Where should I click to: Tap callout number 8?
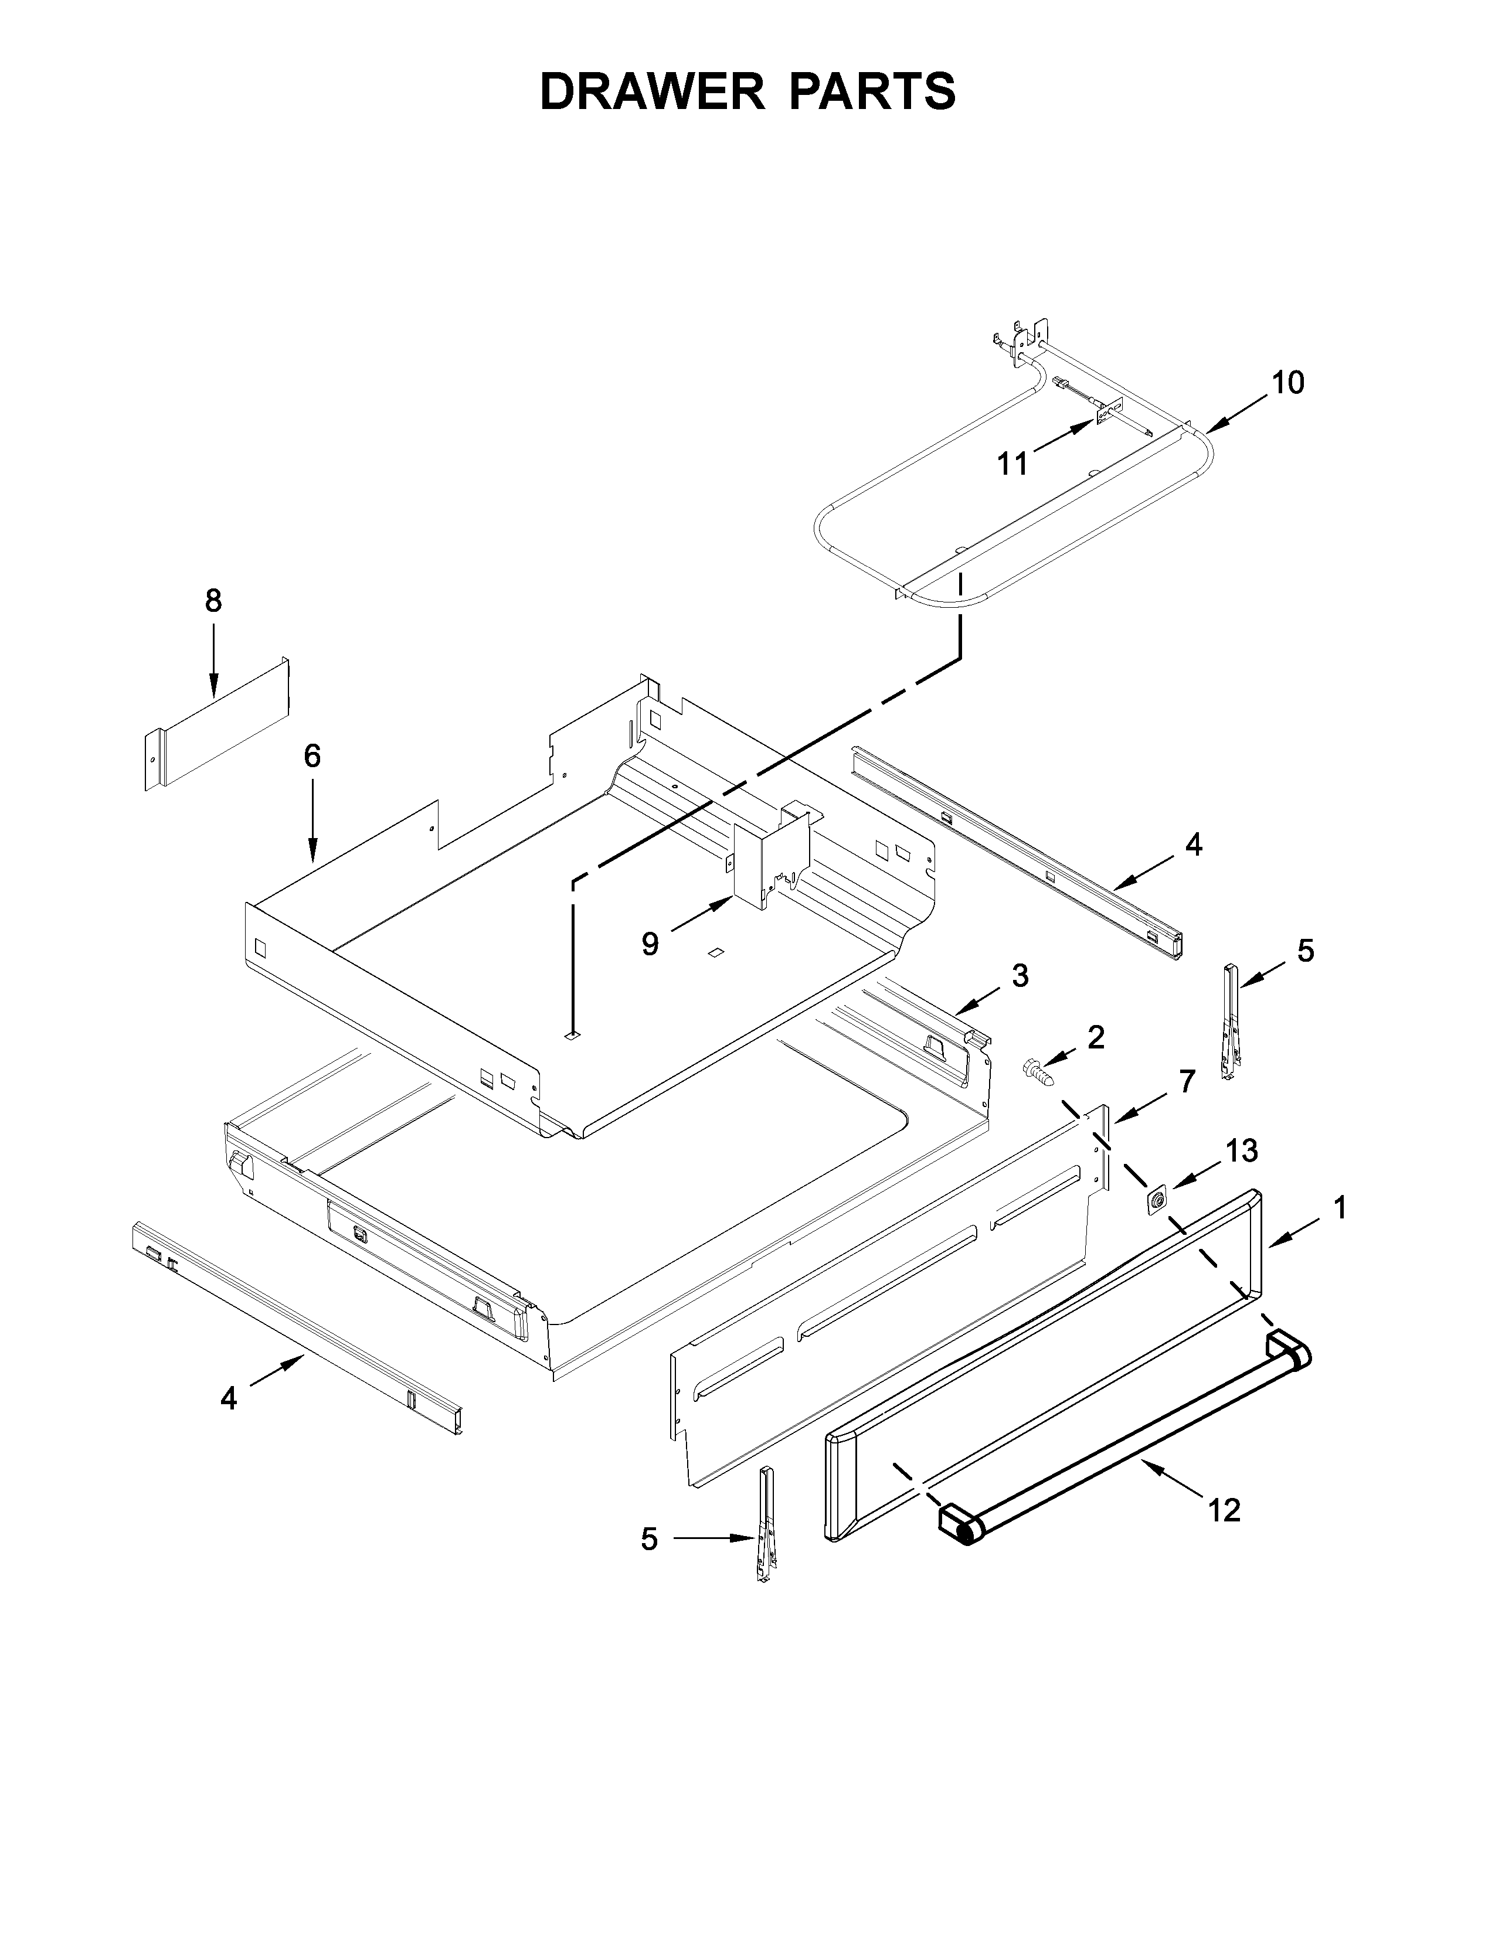[213, 601]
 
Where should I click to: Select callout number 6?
[312, 755]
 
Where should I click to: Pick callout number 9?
[650, 944]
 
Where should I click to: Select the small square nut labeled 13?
[1156, 1200]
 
